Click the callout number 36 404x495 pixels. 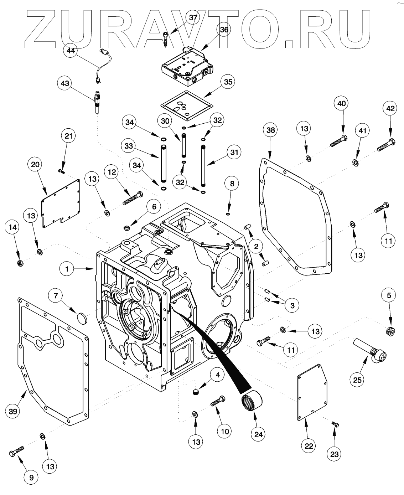point(224,30)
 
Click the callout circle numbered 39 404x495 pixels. point(13,412)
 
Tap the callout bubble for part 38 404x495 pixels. point(270,130)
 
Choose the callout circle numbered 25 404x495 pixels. point(357,380)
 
